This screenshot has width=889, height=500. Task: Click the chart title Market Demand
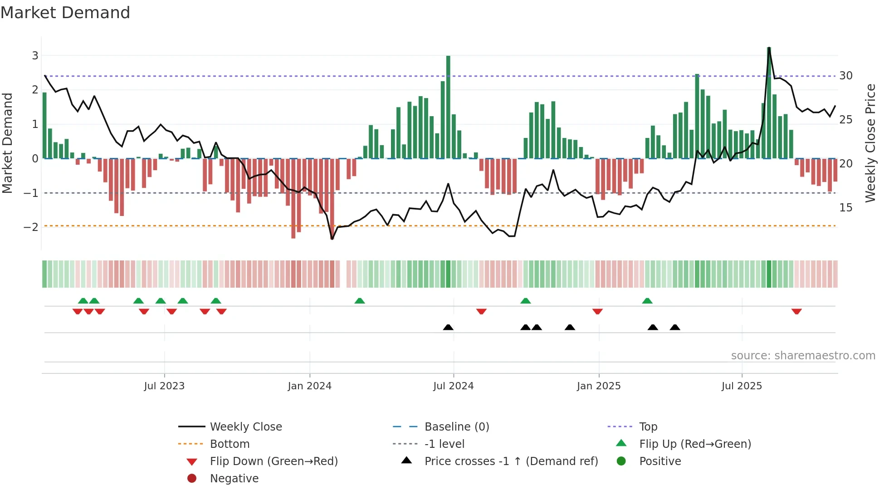tap(65, 13)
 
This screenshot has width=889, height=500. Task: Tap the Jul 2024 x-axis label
tap(453, 386)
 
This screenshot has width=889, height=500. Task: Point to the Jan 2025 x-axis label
tap(599, 386)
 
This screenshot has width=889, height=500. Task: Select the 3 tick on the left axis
tap(35, 56)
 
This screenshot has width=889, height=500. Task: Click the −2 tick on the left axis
tap(31, 227)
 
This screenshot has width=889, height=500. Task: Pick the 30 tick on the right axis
tap(846, 76)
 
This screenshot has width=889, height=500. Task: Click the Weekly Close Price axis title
tap(870, 143)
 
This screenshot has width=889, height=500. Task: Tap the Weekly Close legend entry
tap(245, 427)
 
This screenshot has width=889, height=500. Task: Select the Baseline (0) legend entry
tap(456, 427)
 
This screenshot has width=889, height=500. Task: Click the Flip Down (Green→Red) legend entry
tap(274, 461)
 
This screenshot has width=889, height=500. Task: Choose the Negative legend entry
tap(234, 479)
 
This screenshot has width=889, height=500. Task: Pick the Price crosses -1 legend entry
tap(511, 461)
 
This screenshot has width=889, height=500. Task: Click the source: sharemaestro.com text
tap(803, 356)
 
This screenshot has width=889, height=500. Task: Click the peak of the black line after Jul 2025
tap(769, 48)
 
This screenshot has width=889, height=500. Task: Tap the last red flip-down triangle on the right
tap(796, 311)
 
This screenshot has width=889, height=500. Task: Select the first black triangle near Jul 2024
tap(448, 327)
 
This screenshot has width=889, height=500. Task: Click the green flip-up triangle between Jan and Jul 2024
tap(359, 301)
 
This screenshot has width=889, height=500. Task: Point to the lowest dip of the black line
tap(332, 239)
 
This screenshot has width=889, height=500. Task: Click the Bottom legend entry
tap(230, 444)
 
